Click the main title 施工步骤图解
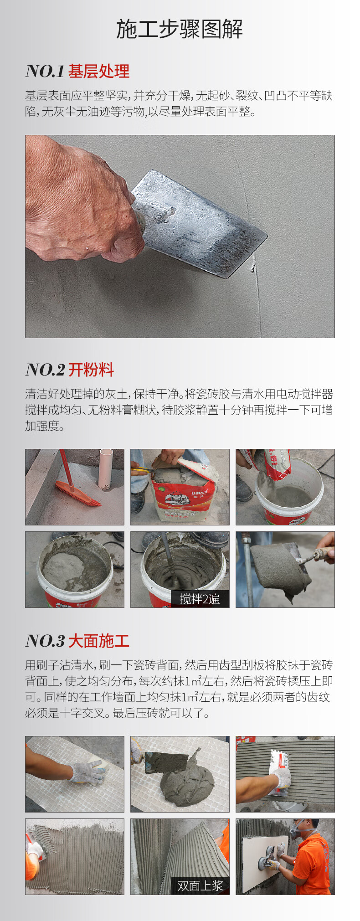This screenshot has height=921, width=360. pyautogui.click(x=180, y=29)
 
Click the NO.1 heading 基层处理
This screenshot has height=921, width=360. pyautogui.click(x=99, y=71)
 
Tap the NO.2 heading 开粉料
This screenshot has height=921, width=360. pyautogui.click(x=91, y=370)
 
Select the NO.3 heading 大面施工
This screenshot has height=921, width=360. pyautogui.click(x=99, y=641)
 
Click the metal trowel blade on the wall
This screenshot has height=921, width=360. pyautogui.click(x=201, y=223)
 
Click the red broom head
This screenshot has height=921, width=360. pyautogui.click(x=77, y=494)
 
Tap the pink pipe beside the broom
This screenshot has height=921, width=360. pyautogui.click(x=106, y=469)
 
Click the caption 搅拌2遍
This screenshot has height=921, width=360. pyautogui.click(x=200, y=599)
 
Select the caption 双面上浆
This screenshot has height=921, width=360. pyautogui.click(x=200, y=885)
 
